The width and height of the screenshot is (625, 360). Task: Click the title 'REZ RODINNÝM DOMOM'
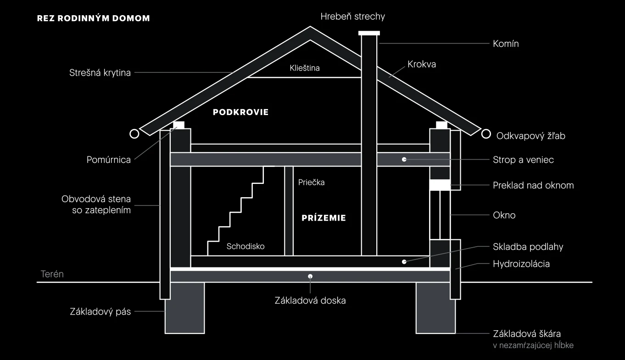(94, 18)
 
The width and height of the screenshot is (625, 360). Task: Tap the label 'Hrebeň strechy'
(353, 17)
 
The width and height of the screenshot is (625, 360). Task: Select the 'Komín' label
(506, 44)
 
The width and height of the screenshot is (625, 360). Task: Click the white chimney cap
(369, 33)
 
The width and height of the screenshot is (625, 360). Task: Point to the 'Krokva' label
(422, 64)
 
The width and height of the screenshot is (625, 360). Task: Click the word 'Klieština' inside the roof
(304, 68)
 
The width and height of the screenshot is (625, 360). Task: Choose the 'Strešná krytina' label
(100, 73)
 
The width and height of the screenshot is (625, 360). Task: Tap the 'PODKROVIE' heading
(240, 112)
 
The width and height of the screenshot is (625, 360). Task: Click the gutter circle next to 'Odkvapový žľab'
(486, 134)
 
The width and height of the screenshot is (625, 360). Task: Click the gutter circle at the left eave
(134, 134)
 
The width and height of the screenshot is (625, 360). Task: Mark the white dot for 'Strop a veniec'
(404, 160)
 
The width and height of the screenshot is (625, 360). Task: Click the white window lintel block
(440, 185)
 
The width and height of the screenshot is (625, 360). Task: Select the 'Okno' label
(504, 215)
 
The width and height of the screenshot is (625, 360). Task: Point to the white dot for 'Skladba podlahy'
(404, 262)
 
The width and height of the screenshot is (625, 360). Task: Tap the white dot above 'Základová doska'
(310, 277)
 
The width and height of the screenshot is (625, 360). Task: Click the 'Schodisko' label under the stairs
(246, 246)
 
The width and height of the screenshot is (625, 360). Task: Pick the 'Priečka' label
(312, 183)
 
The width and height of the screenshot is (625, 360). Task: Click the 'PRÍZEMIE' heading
(324, 218)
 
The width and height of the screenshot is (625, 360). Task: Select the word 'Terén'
(52, 274)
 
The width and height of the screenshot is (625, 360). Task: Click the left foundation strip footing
(185, 308)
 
